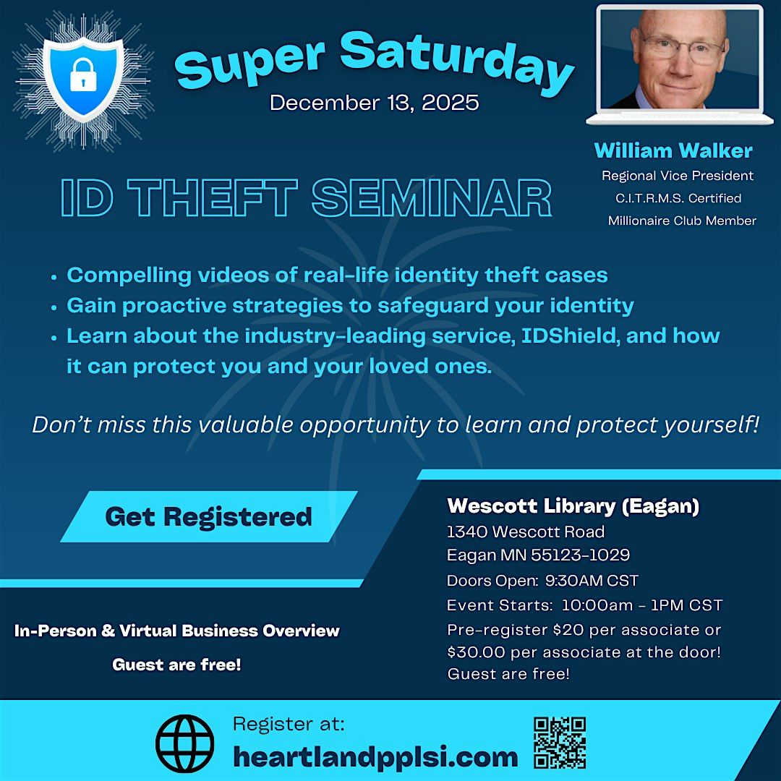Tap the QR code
(559, 743)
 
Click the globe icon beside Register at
(185, 743)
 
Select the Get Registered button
(208, 516)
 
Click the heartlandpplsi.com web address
(375, 757)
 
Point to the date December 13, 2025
(374, 102)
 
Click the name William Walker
(673, 150)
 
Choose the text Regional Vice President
(678, 176)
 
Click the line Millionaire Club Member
(682, 221)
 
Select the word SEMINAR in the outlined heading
(432, 199)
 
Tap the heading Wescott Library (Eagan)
(573, 506)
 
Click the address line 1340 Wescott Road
(526, 532)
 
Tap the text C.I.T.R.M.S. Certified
(677, 198)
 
